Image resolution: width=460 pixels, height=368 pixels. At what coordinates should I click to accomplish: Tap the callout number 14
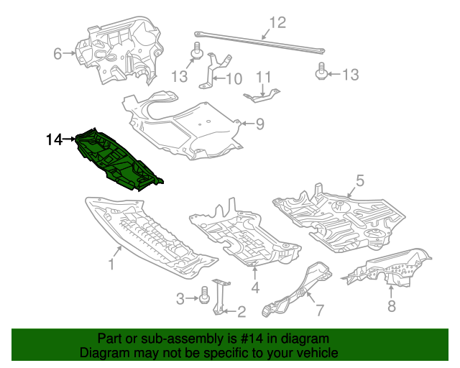coord(55,140)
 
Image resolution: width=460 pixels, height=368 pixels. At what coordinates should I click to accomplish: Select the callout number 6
coord(57,52)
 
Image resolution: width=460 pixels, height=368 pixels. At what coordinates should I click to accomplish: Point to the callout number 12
coord(277,21)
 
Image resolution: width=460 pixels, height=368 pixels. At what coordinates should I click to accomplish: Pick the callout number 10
coord(235,78)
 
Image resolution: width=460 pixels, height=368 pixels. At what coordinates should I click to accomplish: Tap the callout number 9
coord(259,124)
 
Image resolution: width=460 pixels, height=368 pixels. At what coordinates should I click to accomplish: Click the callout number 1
coord(112,265)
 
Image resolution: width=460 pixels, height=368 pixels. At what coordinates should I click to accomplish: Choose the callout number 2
coord(241,311)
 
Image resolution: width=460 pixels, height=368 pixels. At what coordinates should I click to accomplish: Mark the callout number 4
coord(255,289)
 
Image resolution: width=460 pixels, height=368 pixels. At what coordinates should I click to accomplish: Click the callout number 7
coord(319,310)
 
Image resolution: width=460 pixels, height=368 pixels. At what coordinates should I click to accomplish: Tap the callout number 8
coord(391,307)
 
